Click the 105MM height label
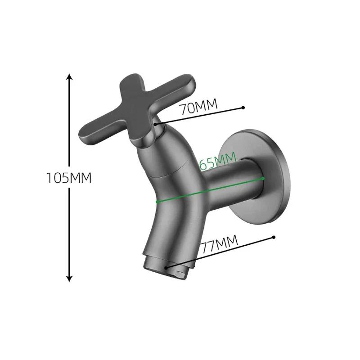tap(69, 178)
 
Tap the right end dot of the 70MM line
tap(243, 108)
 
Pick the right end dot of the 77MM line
tap(273, 236)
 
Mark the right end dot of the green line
tap(263, 179)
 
